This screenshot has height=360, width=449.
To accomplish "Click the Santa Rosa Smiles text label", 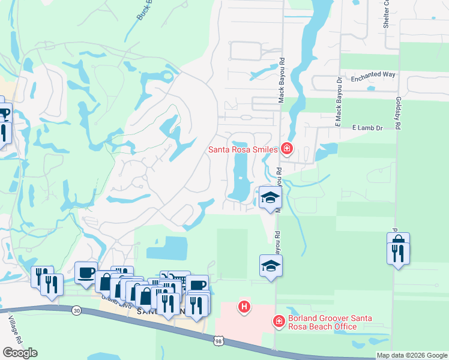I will pyautogui.click(x=243, y=149).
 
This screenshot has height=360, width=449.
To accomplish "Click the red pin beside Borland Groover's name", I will pyautogui.click(x=279, y=322).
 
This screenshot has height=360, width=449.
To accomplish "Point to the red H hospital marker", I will pyautogui.click(x=244, y=307).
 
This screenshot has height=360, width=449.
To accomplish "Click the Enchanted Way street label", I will pyautogui.click(x=373, y=75).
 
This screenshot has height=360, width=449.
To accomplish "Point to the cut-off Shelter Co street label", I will pyautogui.click(x=387, y=14).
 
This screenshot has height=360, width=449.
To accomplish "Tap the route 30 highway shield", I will pyautogui.click(x=76, y=311).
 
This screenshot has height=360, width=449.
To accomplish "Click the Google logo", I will pyautogui.click(x=20, y=353).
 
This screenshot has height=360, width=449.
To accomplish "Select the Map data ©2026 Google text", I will pyautogui.click(x=412, y=355).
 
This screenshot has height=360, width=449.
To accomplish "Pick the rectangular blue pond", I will pyautogui.click(x=167, y=248).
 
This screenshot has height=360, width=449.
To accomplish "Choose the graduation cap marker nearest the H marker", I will pyautogui.click(x=271, y=266).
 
